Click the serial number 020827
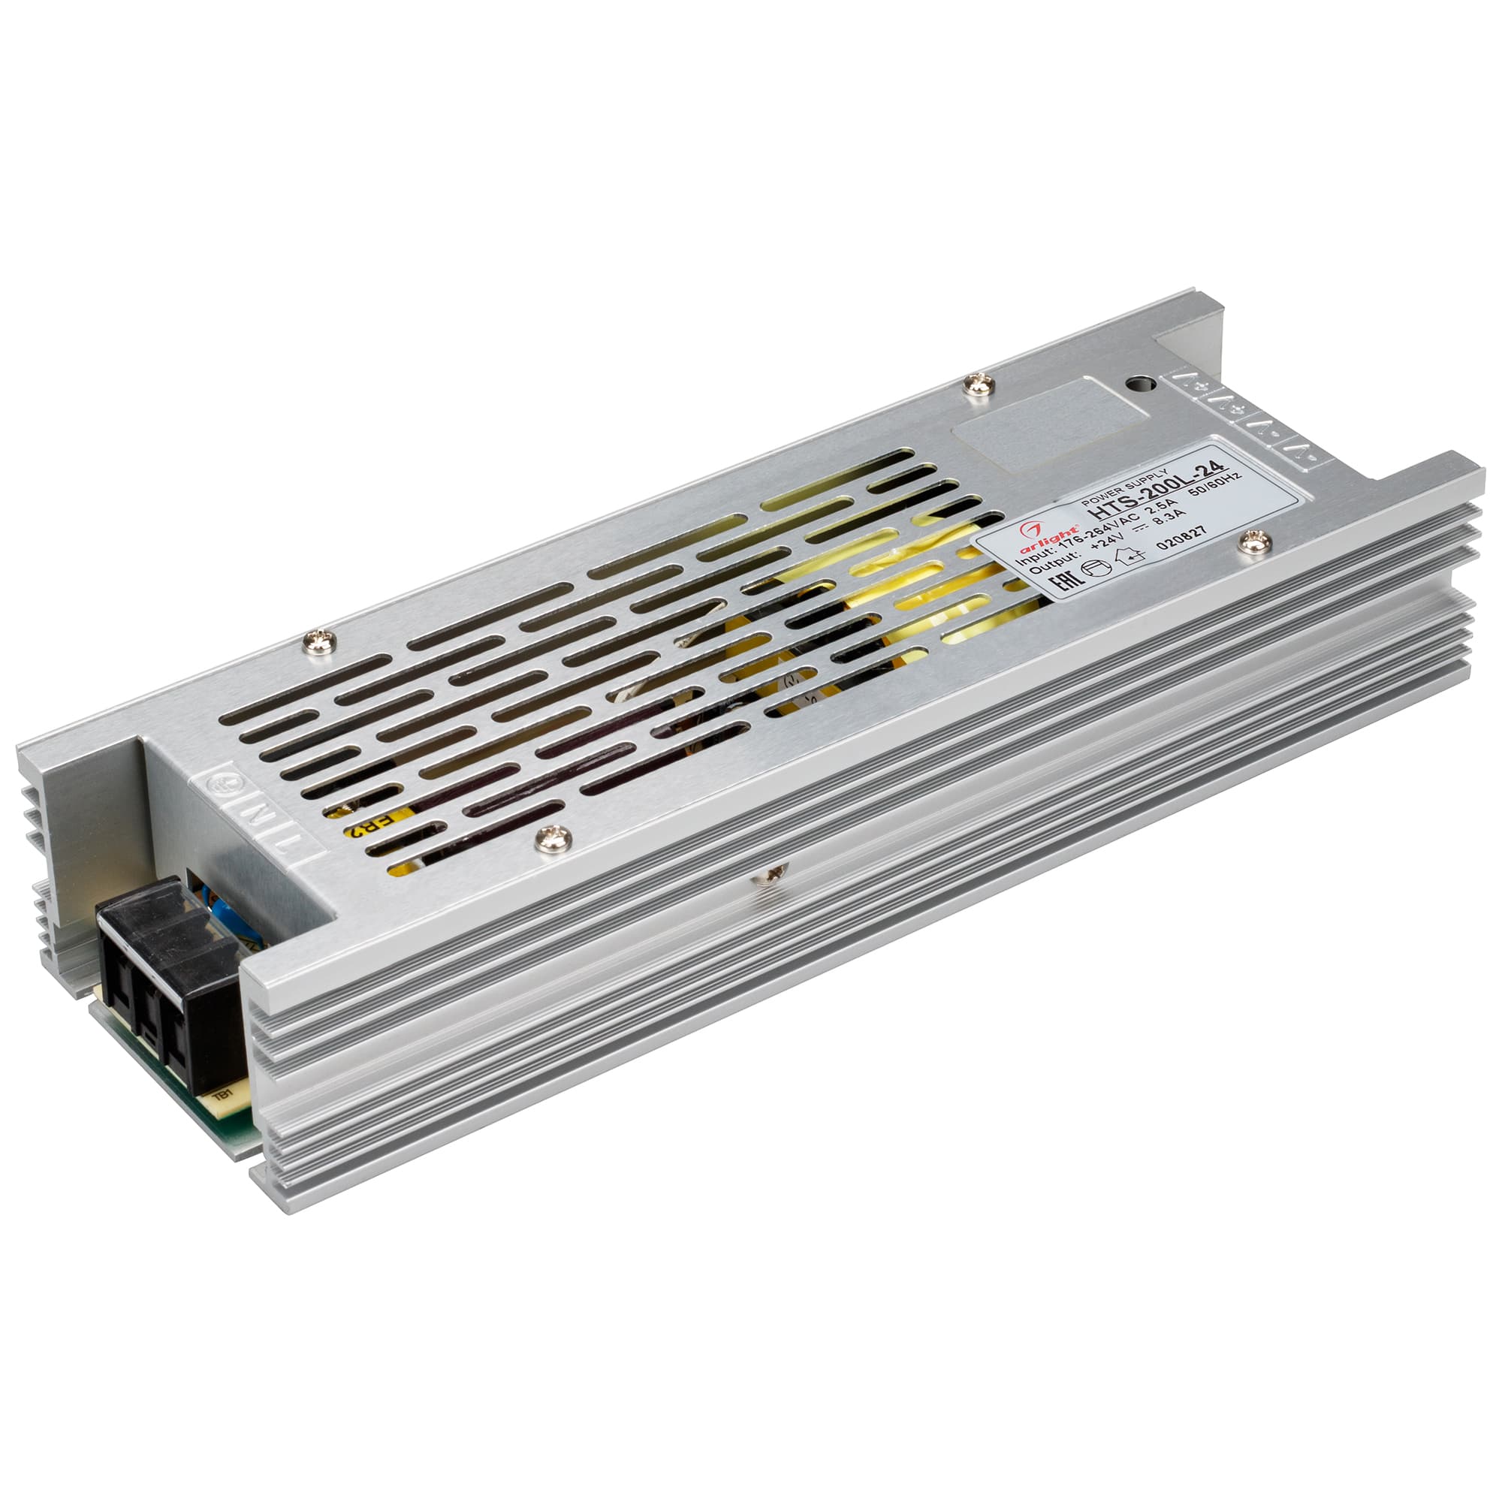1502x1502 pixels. tap(1181, 538)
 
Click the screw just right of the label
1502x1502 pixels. tap(1255, 542)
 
